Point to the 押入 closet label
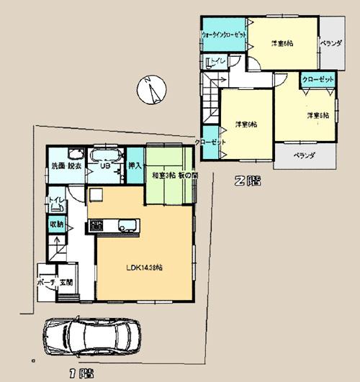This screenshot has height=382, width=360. (135, 166)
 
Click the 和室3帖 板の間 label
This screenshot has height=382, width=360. (170, 175)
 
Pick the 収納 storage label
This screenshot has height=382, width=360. (56, 224)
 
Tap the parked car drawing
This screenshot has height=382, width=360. (91, 335)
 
